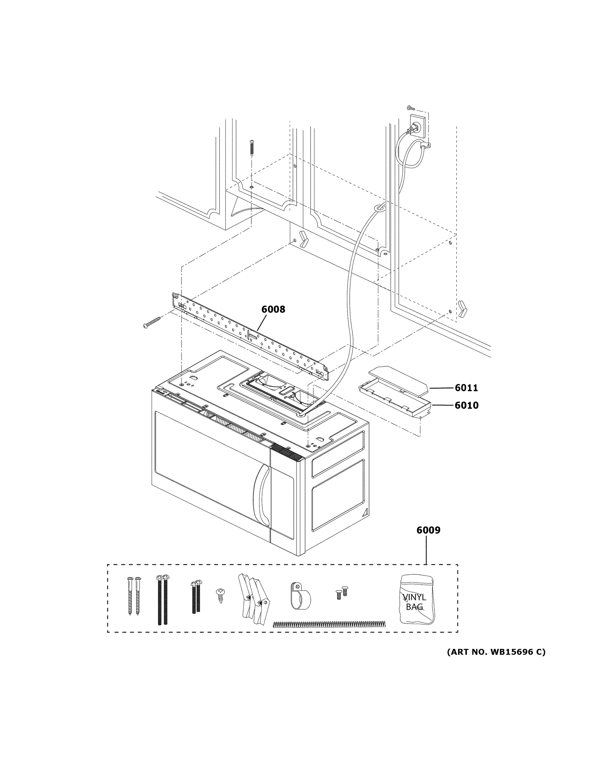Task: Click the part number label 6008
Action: tap(273, 309)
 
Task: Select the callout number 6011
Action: tap(466, 388)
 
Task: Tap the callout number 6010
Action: tap(466, 405)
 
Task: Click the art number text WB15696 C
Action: tap(496, 652)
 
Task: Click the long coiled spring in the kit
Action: tap(329, 624)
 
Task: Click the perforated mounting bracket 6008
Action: tap(248, 335)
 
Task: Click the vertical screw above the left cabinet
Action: tap(252, 148)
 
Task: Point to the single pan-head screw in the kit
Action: tap(220, 594)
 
